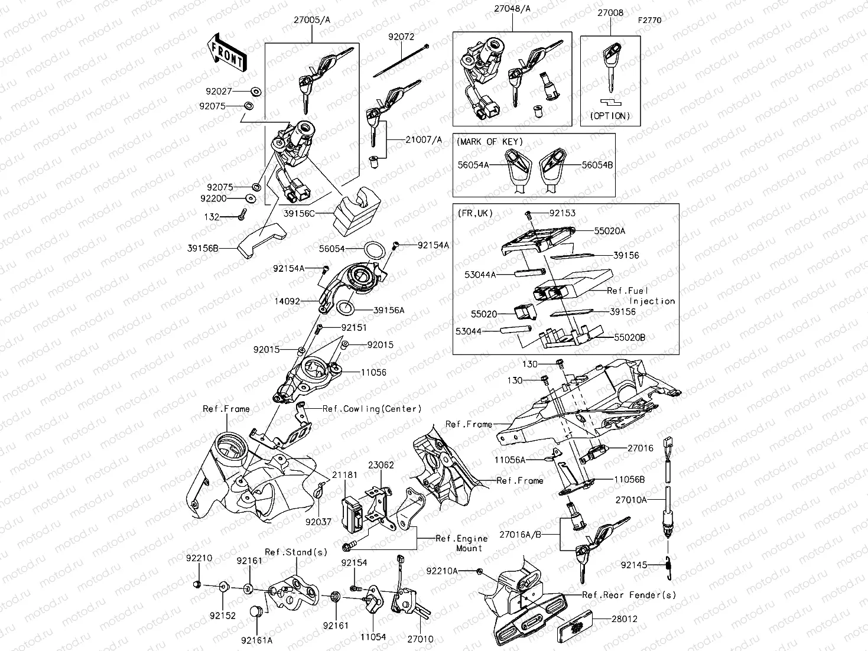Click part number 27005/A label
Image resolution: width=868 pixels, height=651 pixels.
coord(311,20)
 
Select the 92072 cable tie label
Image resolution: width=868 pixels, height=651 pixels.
coord(401,37)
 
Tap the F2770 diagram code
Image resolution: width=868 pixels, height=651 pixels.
coord(649,20)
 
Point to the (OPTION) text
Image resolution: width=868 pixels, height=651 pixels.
coord(610,116)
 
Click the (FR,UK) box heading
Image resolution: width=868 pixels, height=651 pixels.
coord(476,213)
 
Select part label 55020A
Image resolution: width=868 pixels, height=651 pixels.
coord(609,231)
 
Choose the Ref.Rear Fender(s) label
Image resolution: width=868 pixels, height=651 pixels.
coord(629,595)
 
